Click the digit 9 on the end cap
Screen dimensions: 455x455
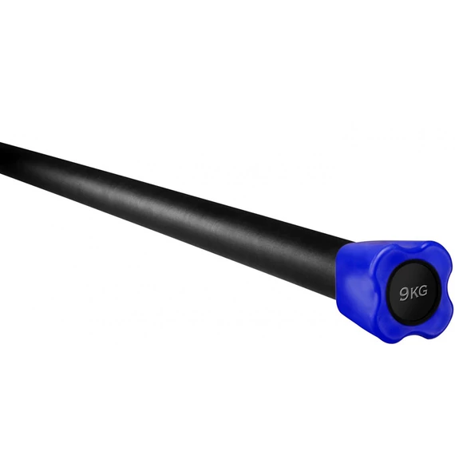coord(404,294)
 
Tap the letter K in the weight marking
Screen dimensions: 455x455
coord(413,292)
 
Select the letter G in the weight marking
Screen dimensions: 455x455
coord(423,291)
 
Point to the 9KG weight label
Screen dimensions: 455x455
coord(413,293)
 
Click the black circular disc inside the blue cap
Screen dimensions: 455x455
coord(413,292)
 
